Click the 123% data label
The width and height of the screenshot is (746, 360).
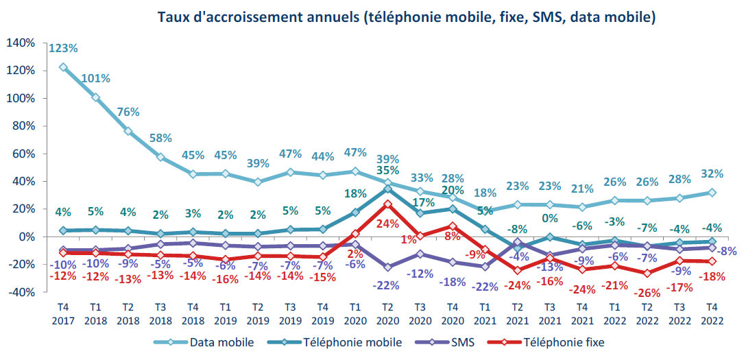[x=63, y=49]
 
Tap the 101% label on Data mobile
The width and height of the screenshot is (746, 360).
[x=96, y=78]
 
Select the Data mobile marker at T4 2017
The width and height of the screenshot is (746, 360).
[x=63, y=67]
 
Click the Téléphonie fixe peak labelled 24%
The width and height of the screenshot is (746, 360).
[x=387, y=223]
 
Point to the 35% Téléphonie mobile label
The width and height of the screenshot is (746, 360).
[x=387, y=171]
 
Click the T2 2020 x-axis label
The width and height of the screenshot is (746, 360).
[x=387, y=314]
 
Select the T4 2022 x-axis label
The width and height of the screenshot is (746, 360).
[x=712, y=314]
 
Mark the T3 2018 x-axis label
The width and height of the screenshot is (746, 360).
[x=160, y=314]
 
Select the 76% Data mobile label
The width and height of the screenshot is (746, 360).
[x=128, y=112]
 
